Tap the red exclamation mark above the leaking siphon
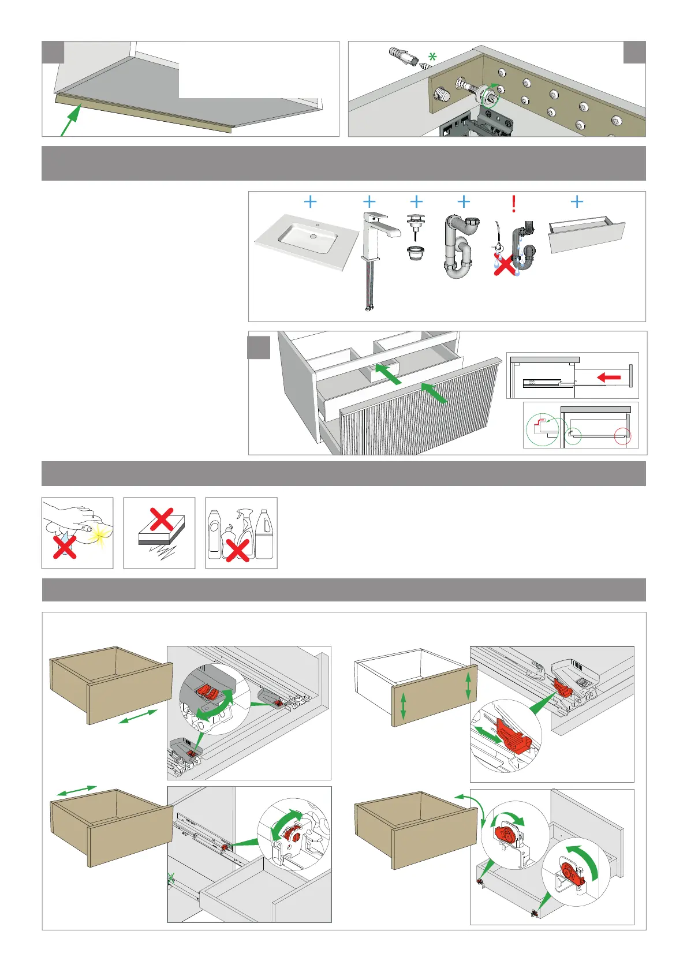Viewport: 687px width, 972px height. coord(513,204)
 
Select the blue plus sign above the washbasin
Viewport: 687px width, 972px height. coord(310,201)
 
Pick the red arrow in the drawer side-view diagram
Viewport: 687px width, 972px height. coord(608,377)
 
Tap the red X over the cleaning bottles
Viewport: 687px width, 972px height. coord(237,550)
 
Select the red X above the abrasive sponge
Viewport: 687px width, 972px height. coord(162,519)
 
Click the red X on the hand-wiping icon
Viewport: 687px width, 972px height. coord(65,547)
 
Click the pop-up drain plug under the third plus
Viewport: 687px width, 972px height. coord(416,237)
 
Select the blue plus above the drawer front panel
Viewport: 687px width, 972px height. coord(577,201)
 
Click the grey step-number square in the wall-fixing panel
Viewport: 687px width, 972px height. coord(634,53)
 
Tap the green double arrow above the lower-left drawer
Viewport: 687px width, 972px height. coord(76,791)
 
